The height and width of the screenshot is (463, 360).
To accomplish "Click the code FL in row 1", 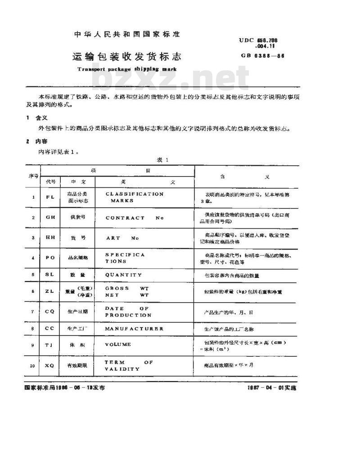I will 50,197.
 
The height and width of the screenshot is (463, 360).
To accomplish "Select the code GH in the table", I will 50,217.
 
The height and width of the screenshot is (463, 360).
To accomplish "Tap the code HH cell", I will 50,237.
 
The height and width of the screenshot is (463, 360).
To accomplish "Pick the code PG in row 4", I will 50,258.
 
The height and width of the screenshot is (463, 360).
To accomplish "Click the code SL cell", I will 50,274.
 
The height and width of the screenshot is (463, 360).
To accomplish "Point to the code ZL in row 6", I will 50,291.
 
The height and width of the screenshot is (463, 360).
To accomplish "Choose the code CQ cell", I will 50,312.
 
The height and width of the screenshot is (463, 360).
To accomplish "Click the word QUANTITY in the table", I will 123,274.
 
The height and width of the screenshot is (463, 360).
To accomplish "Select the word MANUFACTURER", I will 134,329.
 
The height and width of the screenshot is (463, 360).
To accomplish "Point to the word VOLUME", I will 118,345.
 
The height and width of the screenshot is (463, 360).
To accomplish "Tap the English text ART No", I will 122,237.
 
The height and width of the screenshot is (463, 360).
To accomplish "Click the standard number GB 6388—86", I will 263,56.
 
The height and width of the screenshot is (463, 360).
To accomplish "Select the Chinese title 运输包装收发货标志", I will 127,57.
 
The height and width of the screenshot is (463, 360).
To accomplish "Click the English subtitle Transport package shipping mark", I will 127,69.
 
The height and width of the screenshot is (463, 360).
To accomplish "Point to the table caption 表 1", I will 162,160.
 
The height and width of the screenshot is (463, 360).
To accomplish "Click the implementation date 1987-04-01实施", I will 272,387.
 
